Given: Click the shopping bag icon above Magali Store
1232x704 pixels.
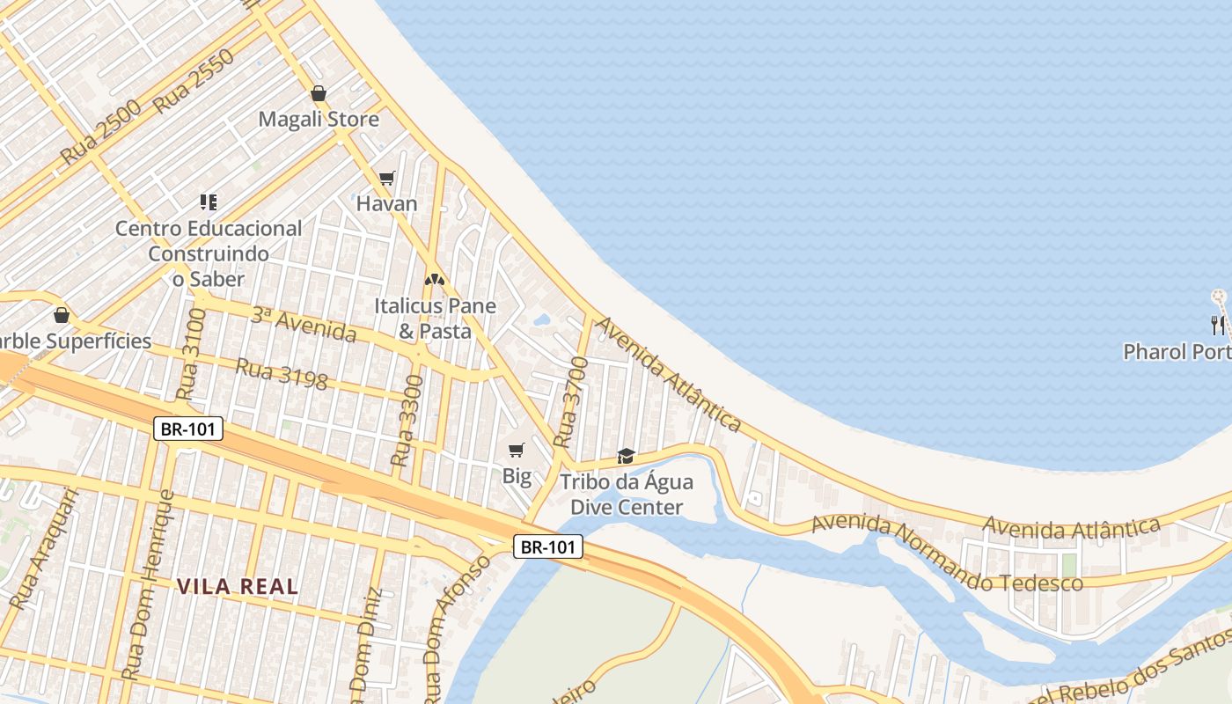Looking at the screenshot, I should tap(319, 93).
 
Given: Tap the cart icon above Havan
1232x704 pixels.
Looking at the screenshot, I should tap(386, 178).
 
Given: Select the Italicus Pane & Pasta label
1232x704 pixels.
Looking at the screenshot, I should tap(435, 319).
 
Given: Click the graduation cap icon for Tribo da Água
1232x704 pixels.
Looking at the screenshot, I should tap(626, 456).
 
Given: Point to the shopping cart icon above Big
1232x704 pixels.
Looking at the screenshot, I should tap(517, 451).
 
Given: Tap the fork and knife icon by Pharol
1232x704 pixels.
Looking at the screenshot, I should tap(1218, 326).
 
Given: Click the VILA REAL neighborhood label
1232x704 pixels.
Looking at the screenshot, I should tap(238, 586).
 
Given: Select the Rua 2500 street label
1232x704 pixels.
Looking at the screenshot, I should tap(100, 133).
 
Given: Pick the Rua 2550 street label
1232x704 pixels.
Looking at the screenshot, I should tap(194, 81).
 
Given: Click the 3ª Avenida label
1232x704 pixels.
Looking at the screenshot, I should tap(304, 325).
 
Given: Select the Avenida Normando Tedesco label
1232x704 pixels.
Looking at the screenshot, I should tap(946, 554).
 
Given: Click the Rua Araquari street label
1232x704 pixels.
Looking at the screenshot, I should tap(44, 549).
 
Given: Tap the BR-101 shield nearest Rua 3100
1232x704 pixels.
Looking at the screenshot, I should tap(188, 429).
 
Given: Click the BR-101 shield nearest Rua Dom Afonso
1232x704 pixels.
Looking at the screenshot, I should tap(548, 547).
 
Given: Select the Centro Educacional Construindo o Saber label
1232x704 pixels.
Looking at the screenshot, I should tap(209, 253).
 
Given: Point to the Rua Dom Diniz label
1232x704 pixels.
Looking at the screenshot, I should tap(366, 647).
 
